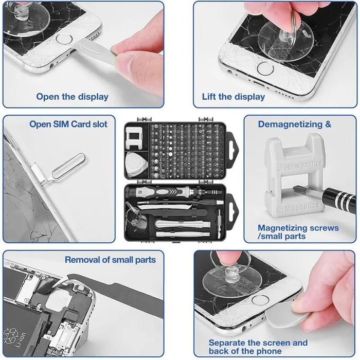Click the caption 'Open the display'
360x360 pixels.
pyautogui.click(x=72, y=97)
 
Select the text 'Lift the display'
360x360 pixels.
pyautogui.click(x=233, y=97)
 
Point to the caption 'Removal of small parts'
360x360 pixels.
pyautogui.click(x=110, y=260)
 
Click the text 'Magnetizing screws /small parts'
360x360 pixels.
pyautogui.click(x=298, y=232)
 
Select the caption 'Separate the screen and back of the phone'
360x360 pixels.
pyautogui.click(x=258, y=347)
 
